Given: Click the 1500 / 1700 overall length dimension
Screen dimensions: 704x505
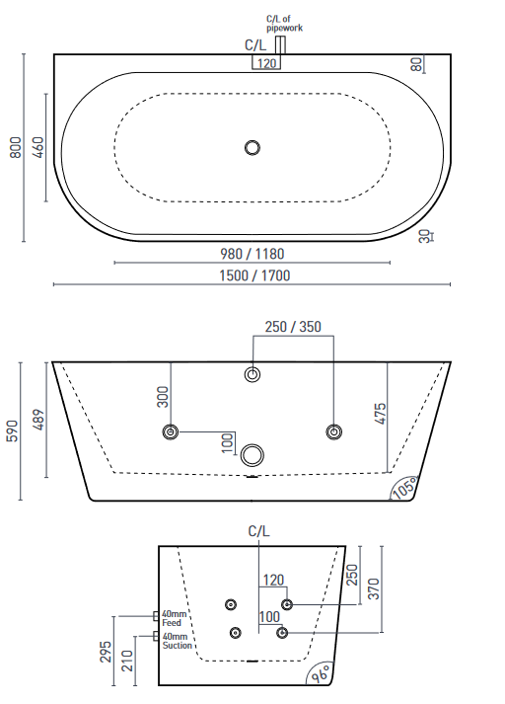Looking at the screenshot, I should tap(254, 275).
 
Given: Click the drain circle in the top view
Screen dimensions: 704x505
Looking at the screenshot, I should tap(252, 148).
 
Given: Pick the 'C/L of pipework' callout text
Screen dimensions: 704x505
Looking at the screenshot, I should tap(284, 24).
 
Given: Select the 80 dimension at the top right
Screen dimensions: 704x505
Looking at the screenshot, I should tap(417, 64).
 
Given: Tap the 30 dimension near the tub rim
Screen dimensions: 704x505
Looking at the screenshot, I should tap(424, 237).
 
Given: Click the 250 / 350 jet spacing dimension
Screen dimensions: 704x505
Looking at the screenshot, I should tap(293, 328).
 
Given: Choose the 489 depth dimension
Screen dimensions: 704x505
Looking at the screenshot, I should tap(38, 419).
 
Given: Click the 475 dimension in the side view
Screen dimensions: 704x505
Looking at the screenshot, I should tap(380, 413).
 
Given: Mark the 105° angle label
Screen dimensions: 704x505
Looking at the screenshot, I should tap(403, 487).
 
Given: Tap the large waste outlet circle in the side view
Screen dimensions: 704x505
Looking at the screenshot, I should tap(253, 455).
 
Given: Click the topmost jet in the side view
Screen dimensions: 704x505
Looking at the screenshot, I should tap(252, 374).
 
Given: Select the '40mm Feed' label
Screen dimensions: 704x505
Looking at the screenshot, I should tap(176, 618).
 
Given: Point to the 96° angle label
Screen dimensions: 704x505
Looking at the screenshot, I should tap(321, 674).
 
